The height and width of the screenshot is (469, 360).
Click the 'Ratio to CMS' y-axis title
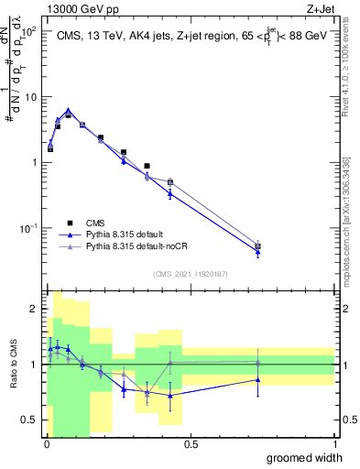click(13, 364)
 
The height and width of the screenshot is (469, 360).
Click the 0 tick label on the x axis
click(47, 443)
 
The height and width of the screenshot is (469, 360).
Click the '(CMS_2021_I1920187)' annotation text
click(191, 273)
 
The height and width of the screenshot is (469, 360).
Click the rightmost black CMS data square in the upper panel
click(258, 246)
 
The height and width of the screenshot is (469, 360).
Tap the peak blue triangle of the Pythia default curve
click(68, 110)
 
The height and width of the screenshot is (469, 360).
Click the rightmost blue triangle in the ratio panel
click(258, 379)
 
